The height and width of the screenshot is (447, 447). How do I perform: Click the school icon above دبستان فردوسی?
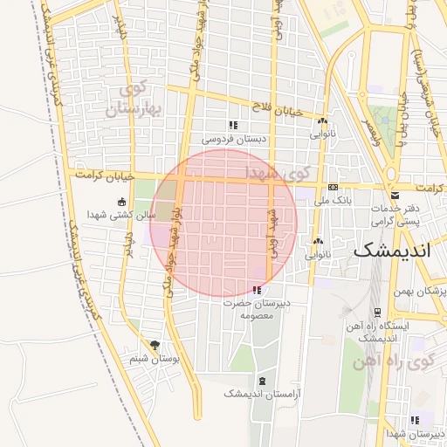coord(232,126)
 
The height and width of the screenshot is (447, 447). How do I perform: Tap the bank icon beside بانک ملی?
coord(333,188)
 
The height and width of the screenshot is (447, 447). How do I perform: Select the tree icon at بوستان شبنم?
coord(155,346)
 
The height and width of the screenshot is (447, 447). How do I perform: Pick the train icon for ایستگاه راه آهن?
coord(376,312)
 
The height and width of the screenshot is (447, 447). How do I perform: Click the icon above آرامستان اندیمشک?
coord(263,381)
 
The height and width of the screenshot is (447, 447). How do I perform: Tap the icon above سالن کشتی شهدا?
coord(121,202)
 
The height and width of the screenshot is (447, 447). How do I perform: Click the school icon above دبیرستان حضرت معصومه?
coord(256,290)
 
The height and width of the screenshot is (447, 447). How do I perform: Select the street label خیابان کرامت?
coord(104,175)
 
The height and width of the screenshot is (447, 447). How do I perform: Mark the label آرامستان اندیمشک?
coord(262,394)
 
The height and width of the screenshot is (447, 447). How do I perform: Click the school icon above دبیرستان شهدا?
coord(415,420)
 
